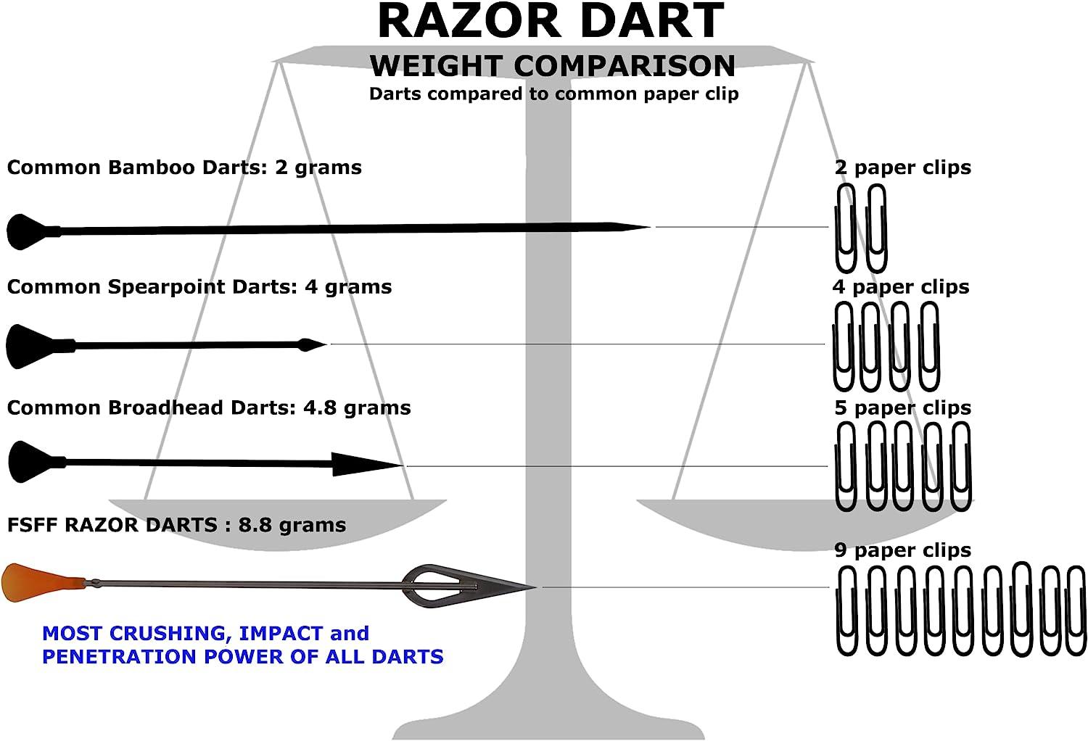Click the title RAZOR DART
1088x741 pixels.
[x=551, y=22]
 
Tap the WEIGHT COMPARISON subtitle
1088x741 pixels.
[x=553, y=66]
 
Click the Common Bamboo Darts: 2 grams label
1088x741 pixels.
[x=184, y=167]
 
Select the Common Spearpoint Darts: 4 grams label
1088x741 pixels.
[x=199, y=287]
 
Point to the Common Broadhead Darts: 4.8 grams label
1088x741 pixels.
[x=209, y=407]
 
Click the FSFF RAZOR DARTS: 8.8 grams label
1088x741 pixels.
[x=176, y=525]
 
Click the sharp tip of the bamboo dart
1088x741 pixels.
[x=638, y=228]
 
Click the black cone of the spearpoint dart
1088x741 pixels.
[x=29, y=346]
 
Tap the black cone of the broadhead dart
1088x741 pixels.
[x=29, y=462]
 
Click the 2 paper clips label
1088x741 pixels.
[x=902, y=167]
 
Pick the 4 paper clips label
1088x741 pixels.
[x=901, y=287]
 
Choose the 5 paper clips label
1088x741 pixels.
[x=902, y=407]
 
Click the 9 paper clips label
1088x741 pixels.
[x=902, y=550]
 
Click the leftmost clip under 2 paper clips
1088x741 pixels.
[x=846, y=228]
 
